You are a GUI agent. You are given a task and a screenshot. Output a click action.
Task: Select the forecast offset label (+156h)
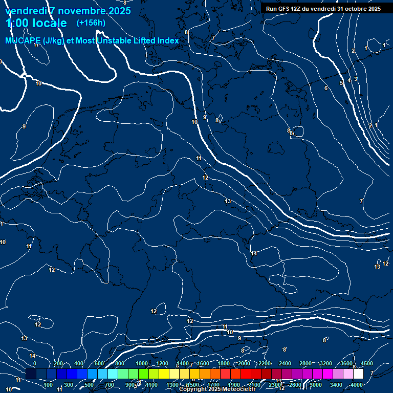(x=91, y=23)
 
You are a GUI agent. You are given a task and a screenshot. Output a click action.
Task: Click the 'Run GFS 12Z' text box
(x=323, y=9)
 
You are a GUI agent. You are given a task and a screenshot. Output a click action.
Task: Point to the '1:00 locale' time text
(x=36, y=23)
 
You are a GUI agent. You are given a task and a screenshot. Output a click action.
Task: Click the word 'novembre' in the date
(x=82, y=11)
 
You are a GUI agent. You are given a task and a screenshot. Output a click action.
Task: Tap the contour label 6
(x=326, y=89)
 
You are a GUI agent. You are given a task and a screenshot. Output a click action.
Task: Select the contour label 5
(x=341, y=83)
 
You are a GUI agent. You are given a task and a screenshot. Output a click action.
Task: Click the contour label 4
(x=349, y=80)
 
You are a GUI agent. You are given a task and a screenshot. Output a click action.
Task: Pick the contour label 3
(x=355, y=79)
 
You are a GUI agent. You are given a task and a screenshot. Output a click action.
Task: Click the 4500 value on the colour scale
(x=366, y=363)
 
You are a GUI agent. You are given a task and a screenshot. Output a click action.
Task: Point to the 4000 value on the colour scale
(x=357, y=385)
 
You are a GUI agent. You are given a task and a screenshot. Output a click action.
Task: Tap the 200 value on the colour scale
(x=58, y=363)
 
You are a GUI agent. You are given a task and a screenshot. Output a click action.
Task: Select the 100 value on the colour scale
(x=48, y=385)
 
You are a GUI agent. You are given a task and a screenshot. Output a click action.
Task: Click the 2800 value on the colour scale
(x=305, y=363)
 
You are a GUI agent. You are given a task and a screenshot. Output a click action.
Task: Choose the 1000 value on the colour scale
(x=141, y=363)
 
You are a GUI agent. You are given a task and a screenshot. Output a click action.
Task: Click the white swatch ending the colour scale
(x=358, y=374)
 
